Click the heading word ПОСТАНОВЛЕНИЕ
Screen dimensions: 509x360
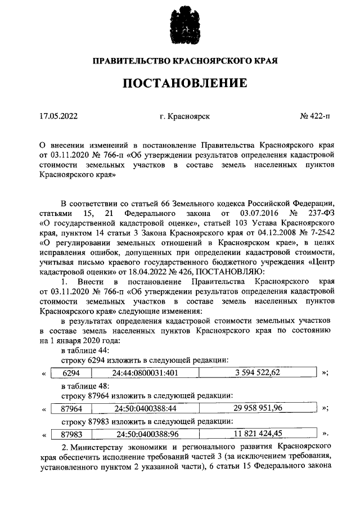pos(185,84)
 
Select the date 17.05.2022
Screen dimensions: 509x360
pos(58,116)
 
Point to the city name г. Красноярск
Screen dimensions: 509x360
pos(184,116)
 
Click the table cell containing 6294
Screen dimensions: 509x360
pos(71,373)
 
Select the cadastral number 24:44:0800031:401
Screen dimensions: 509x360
pos(145,373)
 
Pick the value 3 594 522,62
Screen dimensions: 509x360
pos(256,372)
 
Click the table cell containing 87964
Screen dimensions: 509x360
pos(71,408)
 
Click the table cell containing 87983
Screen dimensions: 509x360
pos(71,434)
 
